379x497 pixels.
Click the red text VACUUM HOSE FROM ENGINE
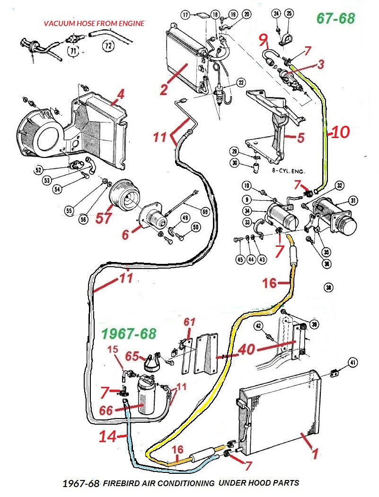(94, 23)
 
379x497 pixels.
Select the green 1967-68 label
(128, 334)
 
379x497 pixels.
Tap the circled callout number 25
(289, 13)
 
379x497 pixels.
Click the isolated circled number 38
(329, 287)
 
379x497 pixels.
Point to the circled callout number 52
(38, 170)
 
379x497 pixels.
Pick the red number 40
(247, 350)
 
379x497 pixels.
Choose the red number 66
(107, 411)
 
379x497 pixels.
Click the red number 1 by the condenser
(315, 453)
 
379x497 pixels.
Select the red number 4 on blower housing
(121, 94)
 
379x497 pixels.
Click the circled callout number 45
(240, 259)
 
